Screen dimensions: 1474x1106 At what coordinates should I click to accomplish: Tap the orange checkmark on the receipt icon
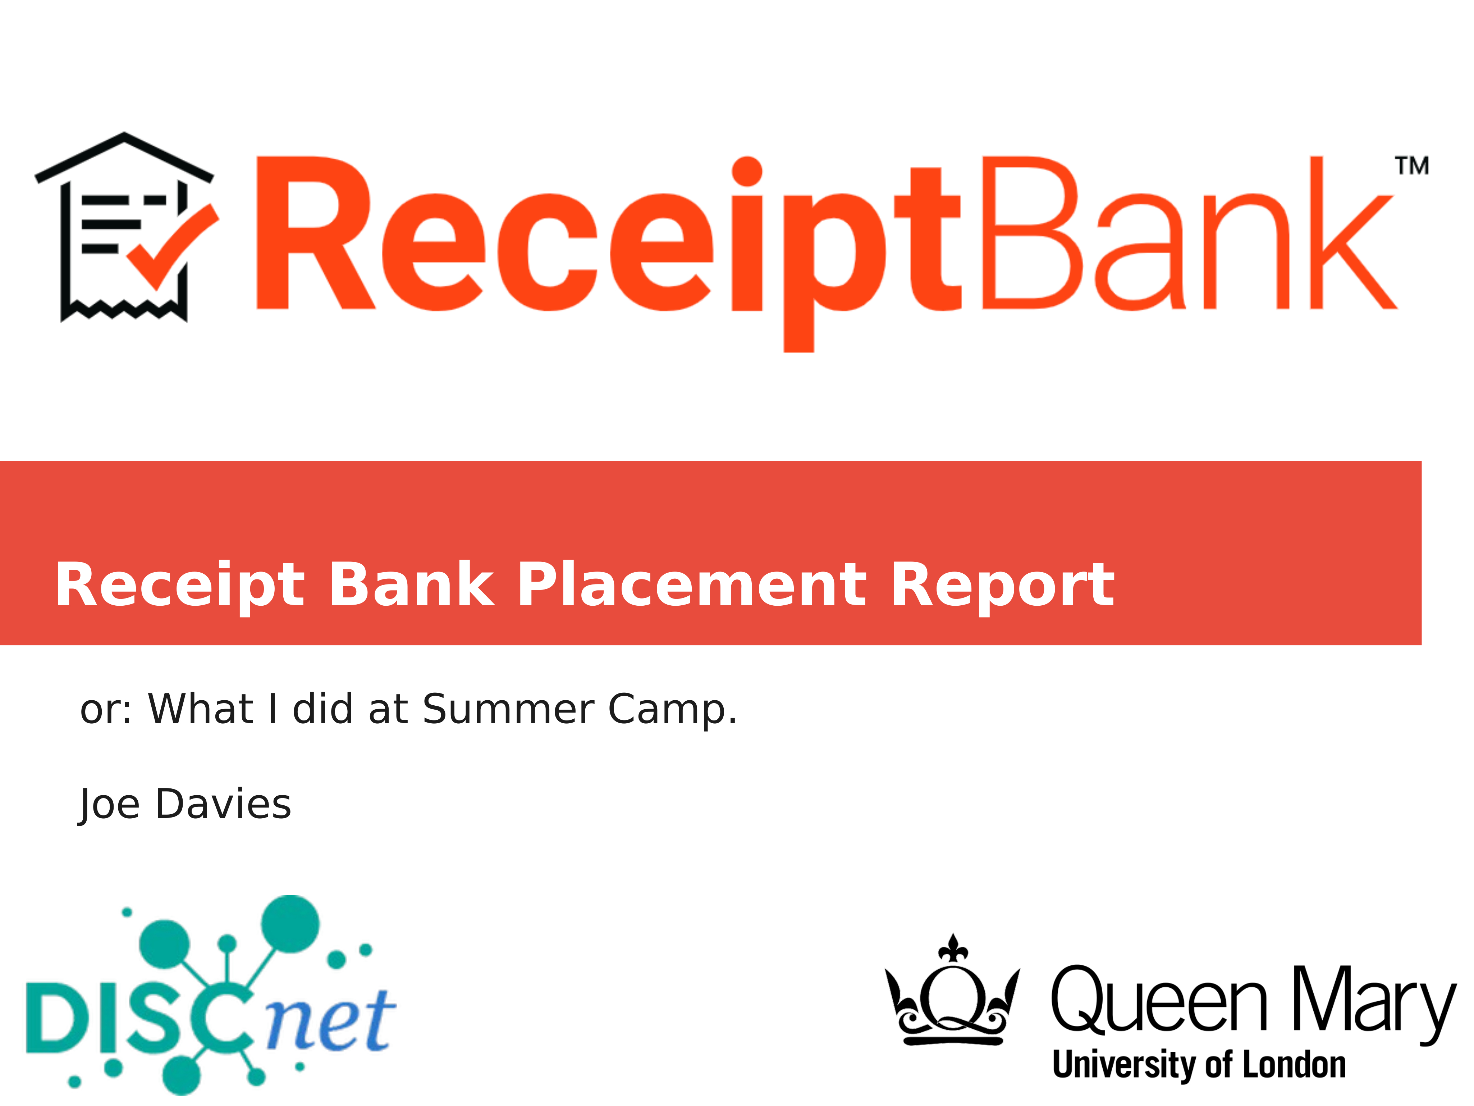172,247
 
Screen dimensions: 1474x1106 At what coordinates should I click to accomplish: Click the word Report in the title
1002,586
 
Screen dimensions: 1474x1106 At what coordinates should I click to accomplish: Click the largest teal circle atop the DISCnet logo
290,925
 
